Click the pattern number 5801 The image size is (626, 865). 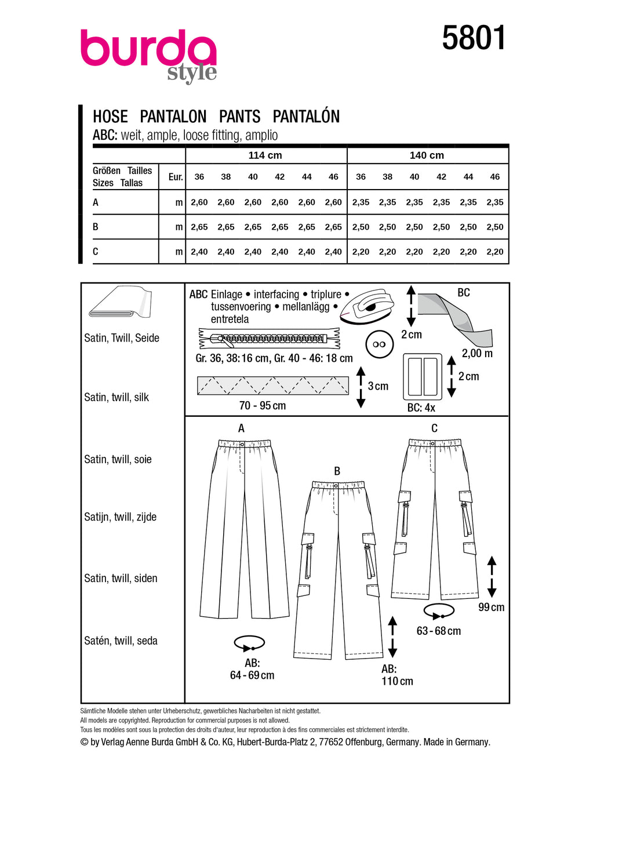[x=474, y=38]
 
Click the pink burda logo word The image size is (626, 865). [x=148, y=49]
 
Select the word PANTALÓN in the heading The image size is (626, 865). [x=306, y=117]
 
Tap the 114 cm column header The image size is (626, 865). [x=265, y=155]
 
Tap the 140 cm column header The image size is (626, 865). [x=427, y=155]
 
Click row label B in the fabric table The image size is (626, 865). [x=96, y=227]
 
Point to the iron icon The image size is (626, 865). [x=367, y=306]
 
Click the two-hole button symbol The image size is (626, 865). [x=380, y=344]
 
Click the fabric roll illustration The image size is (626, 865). [x=121, y=302]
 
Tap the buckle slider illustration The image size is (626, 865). [x=423, y=376]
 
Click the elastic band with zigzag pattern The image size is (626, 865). [x=272, y=386]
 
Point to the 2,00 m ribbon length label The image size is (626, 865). [x=477, y=354]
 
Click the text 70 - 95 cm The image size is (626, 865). [x=263, y=406]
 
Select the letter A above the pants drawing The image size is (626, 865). [x=241, y=428]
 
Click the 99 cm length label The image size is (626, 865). [x=491, y=607]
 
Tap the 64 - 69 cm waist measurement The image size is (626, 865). [x=252, y=675]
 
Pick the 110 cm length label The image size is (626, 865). [x=397, y=681]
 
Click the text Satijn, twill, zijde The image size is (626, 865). [x=121, y=517]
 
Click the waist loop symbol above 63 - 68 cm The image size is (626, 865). [x=439, y=611]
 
